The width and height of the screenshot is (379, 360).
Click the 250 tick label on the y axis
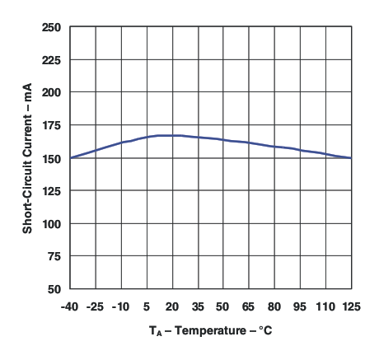click(x=51, y=27)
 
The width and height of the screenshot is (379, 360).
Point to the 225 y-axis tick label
click(x=51, y=60)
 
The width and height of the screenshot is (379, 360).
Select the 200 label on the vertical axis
click(x=51, y=92)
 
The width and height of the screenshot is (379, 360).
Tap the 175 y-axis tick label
click(x=51, y=125)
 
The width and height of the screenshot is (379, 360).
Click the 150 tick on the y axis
click(x=51, y=158)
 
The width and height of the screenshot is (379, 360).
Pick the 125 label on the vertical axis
click(x=51, y=191)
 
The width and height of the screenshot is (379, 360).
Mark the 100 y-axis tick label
click(x=51, y=223)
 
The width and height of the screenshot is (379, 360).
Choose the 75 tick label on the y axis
click(x=54, y=256)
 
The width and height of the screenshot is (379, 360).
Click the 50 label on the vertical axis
click(x=54, y=289)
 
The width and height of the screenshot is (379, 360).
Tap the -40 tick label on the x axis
click(x=70, y=307)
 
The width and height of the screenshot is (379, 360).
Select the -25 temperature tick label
click(x=96, y=307)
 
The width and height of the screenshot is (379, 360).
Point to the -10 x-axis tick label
click(x=121, y=307)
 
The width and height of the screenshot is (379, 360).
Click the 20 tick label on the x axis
click(x=172, y=307)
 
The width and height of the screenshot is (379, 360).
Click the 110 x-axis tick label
click(x=325, y=307)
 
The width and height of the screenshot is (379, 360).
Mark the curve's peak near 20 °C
click(x=169, y=135)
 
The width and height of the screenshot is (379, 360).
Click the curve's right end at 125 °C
click(x=351, y=157)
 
